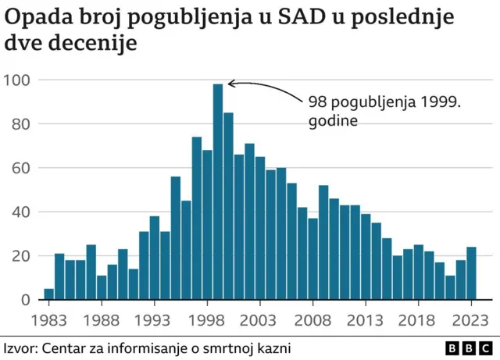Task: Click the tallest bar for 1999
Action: point(218,192)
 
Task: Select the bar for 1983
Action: point(49,294)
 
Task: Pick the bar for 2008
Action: point(323,243)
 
